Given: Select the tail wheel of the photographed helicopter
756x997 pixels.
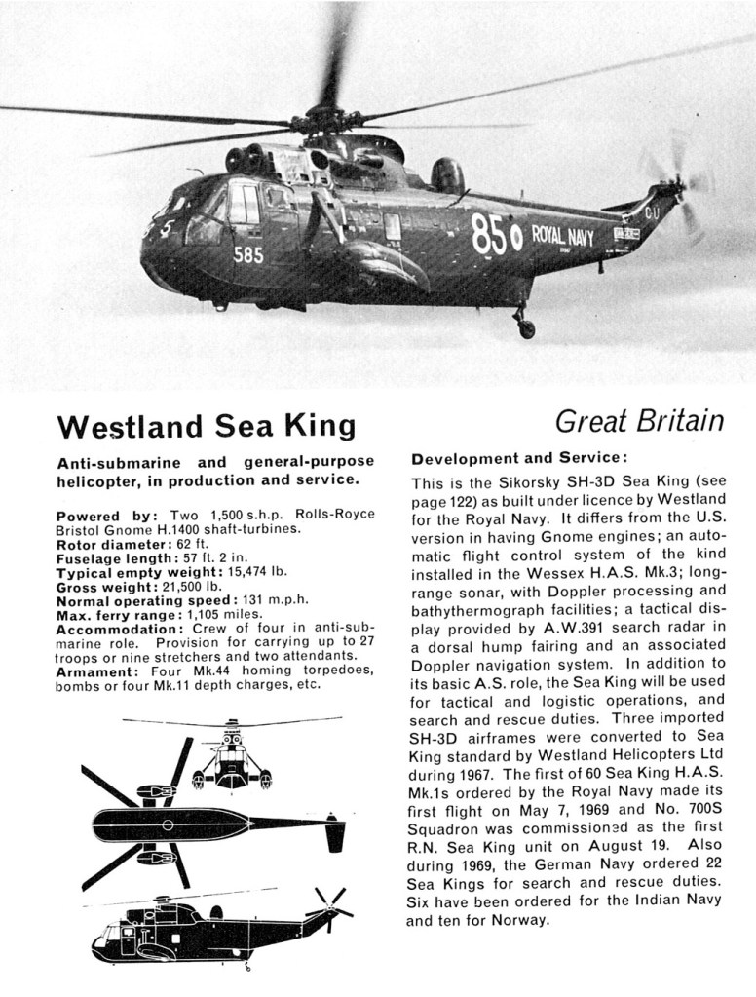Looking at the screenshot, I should pyautogui.click(x=525, y=327).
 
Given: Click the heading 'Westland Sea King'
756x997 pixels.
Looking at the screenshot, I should pyautogui.click(x=206, y=427).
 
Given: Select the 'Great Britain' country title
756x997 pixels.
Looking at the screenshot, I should pyautogui.click(x=639, y=421).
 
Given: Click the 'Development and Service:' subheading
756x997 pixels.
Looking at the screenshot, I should pyautogui.click(x=517, y=458).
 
